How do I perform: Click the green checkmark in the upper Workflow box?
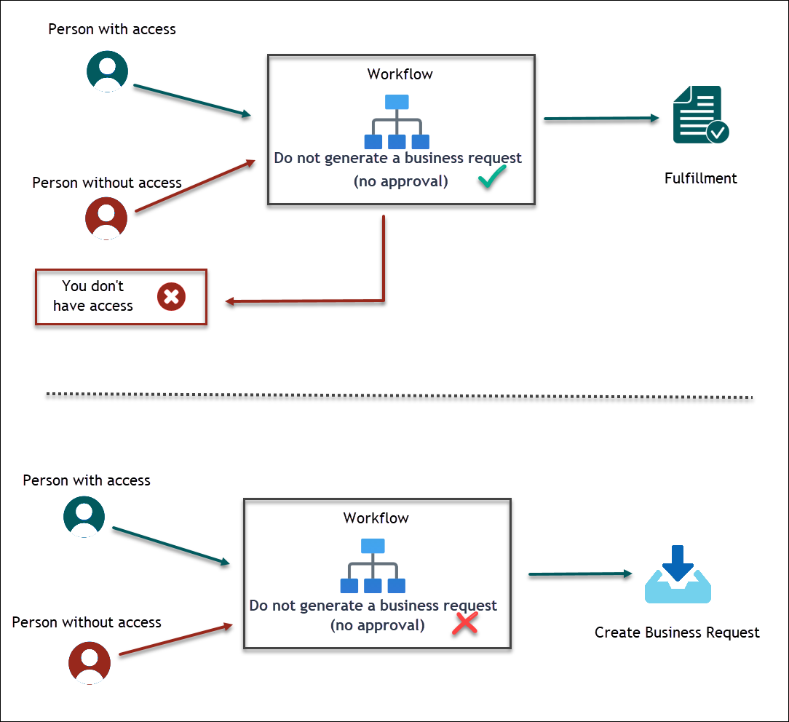pyautogui.click(x=492, y=177)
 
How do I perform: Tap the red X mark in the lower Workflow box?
pyautogui.click(x=465, y=622)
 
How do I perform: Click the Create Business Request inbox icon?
pyautogui.click(x=678, y=575)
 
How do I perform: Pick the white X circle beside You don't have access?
pyautogui.click(x=172, y=297)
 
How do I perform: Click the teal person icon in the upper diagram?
pyautogui.click(x=108, y=71)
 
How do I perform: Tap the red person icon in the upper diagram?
pyautogui.click(x=106, y=217)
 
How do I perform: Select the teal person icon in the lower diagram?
pyautogui.click(x=84, y=517)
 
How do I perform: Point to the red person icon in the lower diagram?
pyautogui.click(x=90, y=663)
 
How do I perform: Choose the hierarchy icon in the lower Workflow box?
pyautogui.click(x=373, y=566)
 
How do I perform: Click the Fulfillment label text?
pyautogui.click(x=700, y=178)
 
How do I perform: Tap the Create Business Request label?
pyautogui.click(x=677, y=632)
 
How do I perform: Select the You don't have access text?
pyautogui.click(x=93, y=296)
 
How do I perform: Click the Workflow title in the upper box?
pyautogui.click(x=400, y=74)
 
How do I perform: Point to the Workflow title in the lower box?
pyautogui.click(x=376, y=518)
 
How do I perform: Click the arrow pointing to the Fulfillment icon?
pyautogui.click(x=600, y=119)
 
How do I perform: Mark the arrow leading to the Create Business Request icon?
pyautogui.click(x=579, y=574)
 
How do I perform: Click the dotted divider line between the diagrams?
pyautogui.click(x=399, y=396)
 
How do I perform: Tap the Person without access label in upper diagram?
pyautogui.click(x=107, y=183)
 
